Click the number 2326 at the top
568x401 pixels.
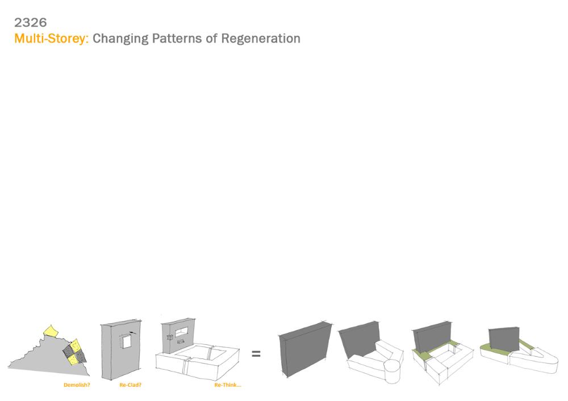click(x=31, y=23)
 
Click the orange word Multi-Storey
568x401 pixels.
click(x=51, y=39)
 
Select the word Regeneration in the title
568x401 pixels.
click(x=261, y=39)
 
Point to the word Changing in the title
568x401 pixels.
click(x=120, y=39)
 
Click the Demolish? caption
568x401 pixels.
click(x=77, y=385)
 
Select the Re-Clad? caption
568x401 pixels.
click(x=131, y=385)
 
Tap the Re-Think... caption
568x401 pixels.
click(x=228, y=385)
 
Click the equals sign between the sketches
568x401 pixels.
click(x=256, y=353)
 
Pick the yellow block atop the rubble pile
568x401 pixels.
click(x=51, y=331)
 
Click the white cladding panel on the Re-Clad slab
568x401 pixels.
click(x=127, y=341)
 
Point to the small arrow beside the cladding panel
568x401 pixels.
click(x=133, y=332)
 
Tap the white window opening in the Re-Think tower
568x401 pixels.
click(x=182, y=332)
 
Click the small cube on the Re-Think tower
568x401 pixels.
click(x=169, y=337)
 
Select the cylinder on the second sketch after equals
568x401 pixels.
click(x=391, y=371)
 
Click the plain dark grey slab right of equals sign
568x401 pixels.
click(x=305, y=349)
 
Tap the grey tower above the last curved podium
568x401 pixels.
click(x=504, y=340)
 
